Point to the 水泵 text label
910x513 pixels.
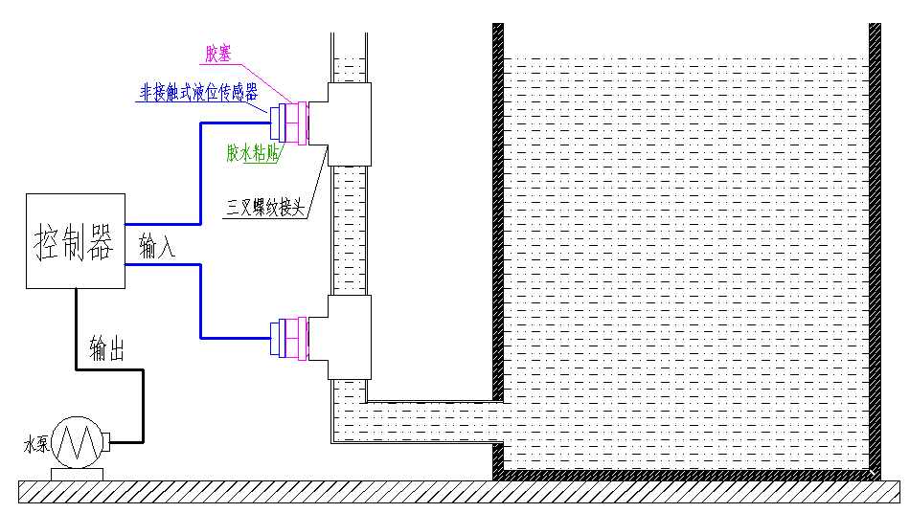click(35, 444)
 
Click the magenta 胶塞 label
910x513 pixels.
click(219, 54)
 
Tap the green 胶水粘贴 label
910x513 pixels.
click(252, 153)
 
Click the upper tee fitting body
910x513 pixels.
click(350, 123)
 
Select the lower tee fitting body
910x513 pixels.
click(350, 336)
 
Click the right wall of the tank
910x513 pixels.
click(875, 239)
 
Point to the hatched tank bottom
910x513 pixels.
click(686, 474)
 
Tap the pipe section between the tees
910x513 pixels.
click(349, 230)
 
